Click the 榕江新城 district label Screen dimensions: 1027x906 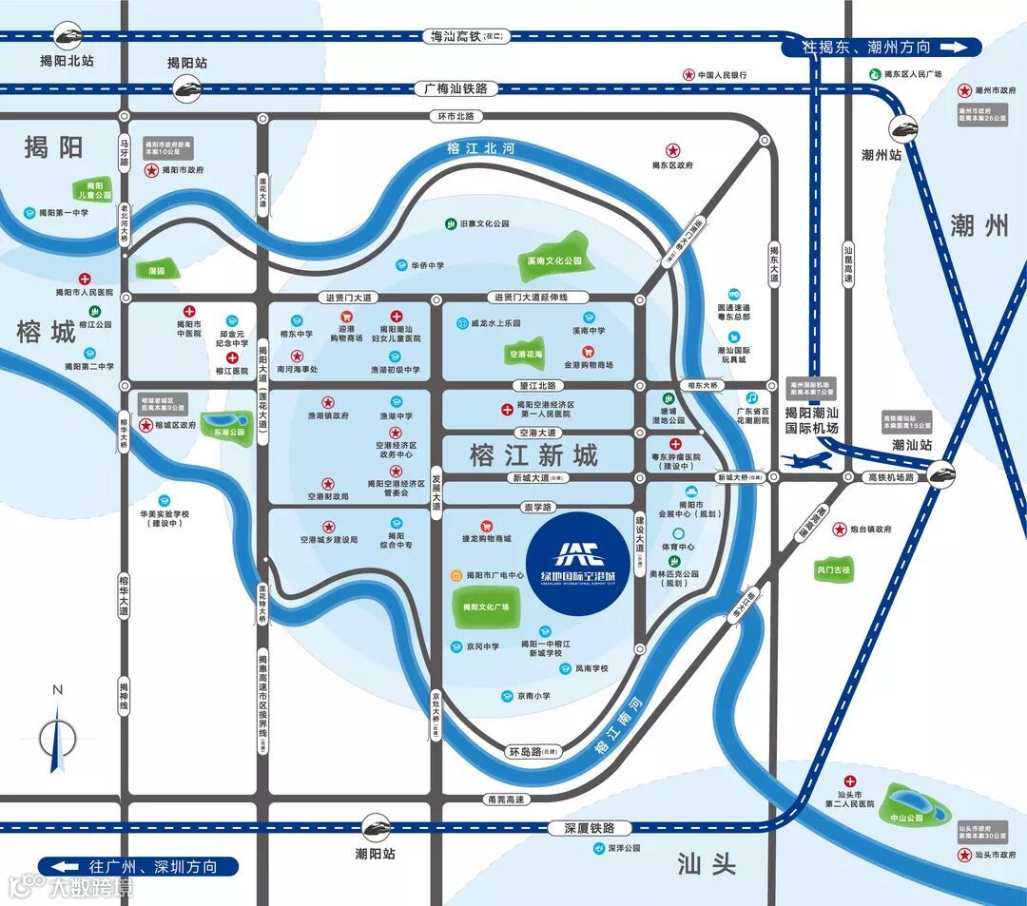(533, 455)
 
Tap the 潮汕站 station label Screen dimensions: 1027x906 (912, 444)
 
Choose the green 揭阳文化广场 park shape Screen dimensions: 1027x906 (486, 607)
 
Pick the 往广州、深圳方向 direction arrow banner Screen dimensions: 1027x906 (139, 867)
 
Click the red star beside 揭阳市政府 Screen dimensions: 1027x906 (151, 170)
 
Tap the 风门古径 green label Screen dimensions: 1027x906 (834, 571)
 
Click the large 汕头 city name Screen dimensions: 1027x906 (707, 863)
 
